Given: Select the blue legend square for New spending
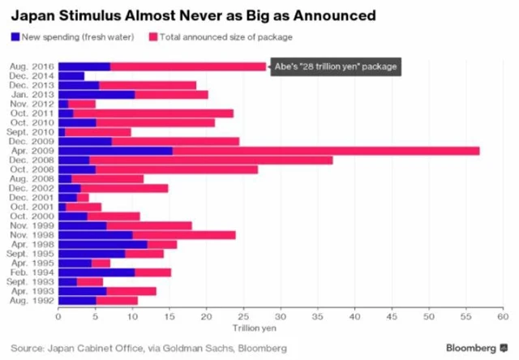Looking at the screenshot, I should pyautogui.click(x=15, y=36).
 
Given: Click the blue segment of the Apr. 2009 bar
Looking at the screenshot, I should pyautogui.click(x=115, y=151).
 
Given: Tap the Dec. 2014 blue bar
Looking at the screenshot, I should pyautogui.click(x=71, y=76).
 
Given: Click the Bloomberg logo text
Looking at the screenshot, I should pyautogui.click(x=469, y=348).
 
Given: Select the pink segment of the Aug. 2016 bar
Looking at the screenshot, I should pyautogui.click(x=188, y=66).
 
